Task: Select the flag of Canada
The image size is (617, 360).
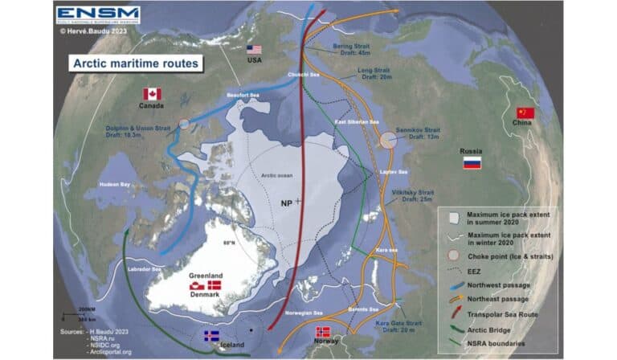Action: (x=152, y=93)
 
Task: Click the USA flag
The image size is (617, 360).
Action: (x=255, y=49)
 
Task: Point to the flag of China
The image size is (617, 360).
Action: (x=525, y=112)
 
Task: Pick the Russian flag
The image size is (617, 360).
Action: (x=472, y=163)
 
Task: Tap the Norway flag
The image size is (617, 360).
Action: (x=323, y=332)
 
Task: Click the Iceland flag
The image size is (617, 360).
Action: (x=212, y=336)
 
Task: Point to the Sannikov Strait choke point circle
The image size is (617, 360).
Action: (x=387, y=141)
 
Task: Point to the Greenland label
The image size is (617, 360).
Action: (x=206, y=276)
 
